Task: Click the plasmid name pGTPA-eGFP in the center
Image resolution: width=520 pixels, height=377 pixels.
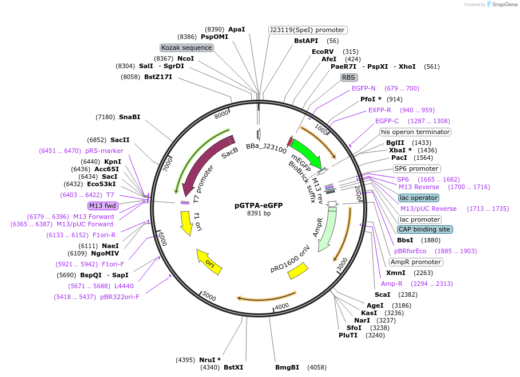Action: (x=259, y=205)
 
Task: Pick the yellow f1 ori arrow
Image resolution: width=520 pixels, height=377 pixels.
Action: (x=186, y=222)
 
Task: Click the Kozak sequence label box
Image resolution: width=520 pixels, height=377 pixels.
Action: (x=186, y=48)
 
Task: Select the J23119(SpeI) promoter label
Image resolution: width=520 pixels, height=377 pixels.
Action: (x=308, y=30)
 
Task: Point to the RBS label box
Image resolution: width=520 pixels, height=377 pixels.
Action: (x=348, y=77)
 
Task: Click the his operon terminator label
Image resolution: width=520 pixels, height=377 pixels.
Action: (x=415, y=132)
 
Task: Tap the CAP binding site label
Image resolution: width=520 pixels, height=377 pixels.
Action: (x=424, y=229)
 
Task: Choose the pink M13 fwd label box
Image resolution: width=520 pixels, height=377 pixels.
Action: (x=102, y=206)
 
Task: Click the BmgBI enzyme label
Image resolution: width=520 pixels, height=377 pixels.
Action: (x=287, y=367)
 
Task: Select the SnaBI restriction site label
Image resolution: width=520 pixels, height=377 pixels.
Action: (x=129, y=117)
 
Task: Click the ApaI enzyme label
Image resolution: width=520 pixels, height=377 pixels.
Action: (x=236, y=29)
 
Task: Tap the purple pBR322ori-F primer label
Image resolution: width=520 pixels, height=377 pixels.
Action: (x=120, y=297)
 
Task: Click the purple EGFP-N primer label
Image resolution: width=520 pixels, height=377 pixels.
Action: (x=364, y=88)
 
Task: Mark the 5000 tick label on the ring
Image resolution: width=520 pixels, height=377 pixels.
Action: (x=209, y=297)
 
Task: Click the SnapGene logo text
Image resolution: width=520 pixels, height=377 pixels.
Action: (x=503, y=5)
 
